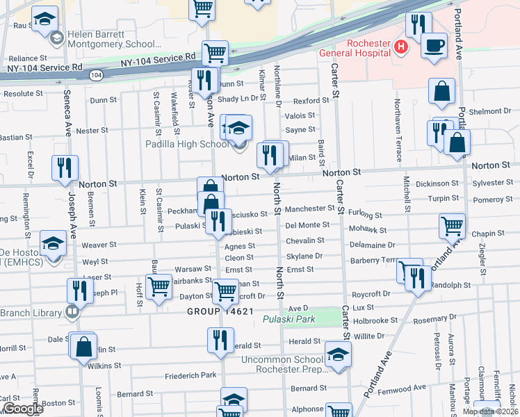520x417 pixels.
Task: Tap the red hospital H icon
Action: (x=400, y=47)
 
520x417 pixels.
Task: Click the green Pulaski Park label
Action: (x=289, y=319)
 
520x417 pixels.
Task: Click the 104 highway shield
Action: (x=96, y=74)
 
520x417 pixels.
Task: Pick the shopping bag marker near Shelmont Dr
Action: (x=441, y=91)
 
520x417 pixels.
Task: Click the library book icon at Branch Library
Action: (x=72, y=313)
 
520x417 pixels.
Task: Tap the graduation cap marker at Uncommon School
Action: (x=338, y=355)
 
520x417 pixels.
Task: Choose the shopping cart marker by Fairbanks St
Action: (x=160, y=285)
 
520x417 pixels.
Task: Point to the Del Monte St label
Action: (x=307, y=225)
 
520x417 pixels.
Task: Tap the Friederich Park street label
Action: (x=190, y=376)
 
